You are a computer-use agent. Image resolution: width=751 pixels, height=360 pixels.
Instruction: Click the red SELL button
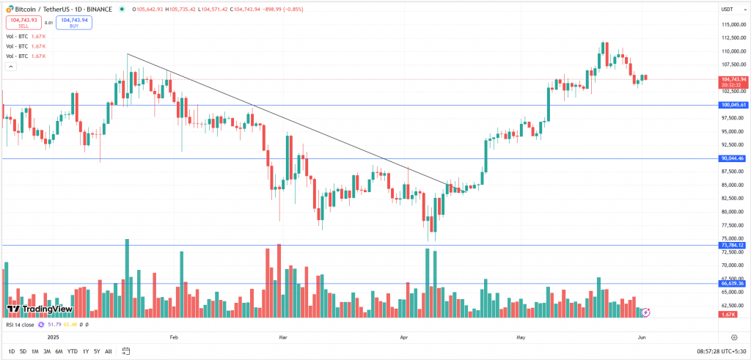coord(24,23)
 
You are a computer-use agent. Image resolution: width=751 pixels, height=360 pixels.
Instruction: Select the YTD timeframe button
coord(72,352)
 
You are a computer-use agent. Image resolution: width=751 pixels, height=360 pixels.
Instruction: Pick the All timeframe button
coord(109,352)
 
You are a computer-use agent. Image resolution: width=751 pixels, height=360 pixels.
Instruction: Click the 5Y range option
coord(96,352)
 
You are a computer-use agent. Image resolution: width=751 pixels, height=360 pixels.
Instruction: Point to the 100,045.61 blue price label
coord(733,105)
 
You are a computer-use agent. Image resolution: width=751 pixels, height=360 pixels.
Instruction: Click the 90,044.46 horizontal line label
coord(733,158)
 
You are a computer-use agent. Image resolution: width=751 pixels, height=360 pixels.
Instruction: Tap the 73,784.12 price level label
coord(733,245)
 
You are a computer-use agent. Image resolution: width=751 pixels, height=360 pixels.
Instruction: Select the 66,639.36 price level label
coord(733,283)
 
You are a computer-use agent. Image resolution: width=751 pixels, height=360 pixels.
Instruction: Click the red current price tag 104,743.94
coord(733,79)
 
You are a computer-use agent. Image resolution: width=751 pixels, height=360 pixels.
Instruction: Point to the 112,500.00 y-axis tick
coord(733,38)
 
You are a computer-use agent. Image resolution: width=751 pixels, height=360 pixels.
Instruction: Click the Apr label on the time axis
coord(404,337)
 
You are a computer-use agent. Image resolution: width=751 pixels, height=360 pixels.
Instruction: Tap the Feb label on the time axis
coord(174,337)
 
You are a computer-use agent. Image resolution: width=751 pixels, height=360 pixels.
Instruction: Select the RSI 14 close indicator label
coord(21,324)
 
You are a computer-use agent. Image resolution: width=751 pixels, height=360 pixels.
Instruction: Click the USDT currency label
coord(727,9)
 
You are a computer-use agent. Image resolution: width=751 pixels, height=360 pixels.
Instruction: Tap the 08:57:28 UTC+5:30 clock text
coord(722,352)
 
